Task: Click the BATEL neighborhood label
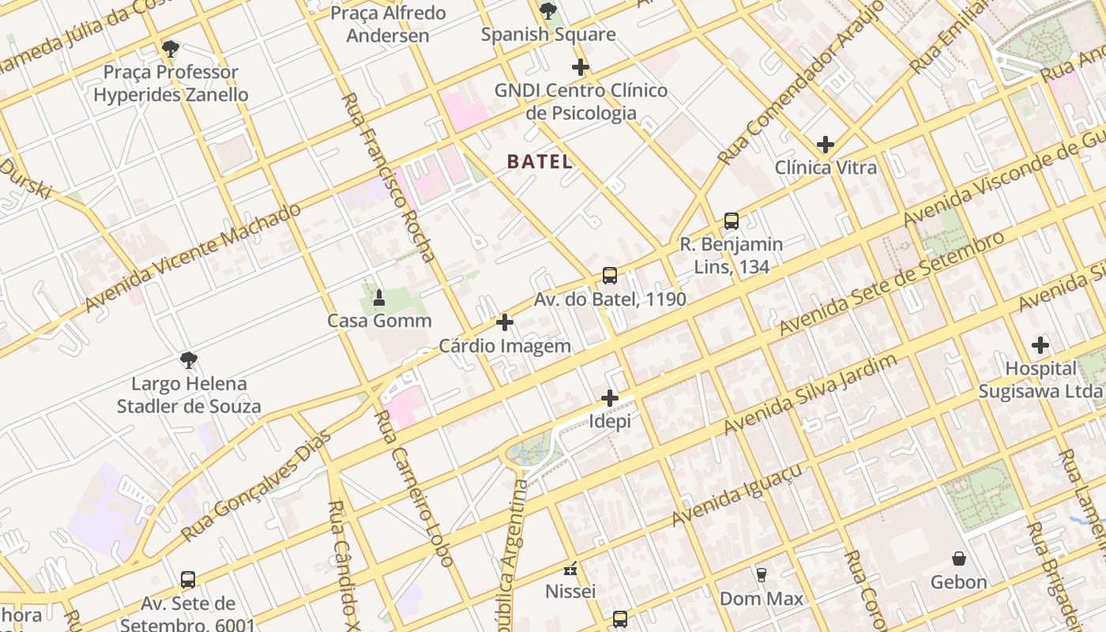click(x=540, y=162)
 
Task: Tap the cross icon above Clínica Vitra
click(x=826, y=145)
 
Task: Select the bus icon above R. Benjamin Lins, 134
click(x=732, y=221)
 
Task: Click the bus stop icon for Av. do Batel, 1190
click(x=610, y=276)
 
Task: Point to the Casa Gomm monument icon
click(x=379, y=298)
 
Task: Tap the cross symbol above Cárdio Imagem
click(x=505, y=322)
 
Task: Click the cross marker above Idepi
click(x=610, y=398)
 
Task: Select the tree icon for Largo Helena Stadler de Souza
click(x=189, y=361)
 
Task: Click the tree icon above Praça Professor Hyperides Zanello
click(x=170, y=49)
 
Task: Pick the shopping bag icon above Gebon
click(x=959, y=559)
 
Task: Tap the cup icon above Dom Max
click(x=762, y=575)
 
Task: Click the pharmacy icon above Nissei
click(x=570, y=568)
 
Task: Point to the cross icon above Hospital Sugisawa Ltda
click(x=1040, y=345)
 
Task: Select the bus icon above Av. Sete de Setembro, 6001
click(x=188, y=580)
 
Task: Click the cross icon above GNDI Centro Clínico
click(x=581, y=67)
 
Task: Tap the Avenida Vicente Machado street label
click(x=194, y=257)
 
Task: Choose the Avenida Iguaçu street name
click(x=737, y=495)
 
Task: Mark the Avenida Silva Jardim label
click(x=811, y=394)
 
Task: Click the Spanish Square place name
click(x=548, y=35)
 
